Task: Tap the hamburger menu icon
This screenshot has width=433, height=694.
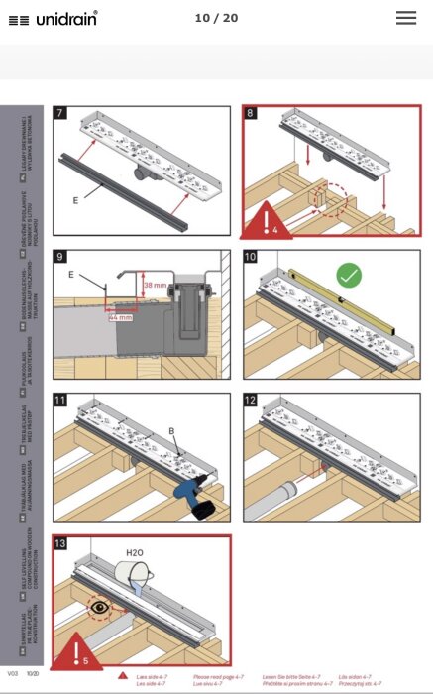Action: tap(405, 18)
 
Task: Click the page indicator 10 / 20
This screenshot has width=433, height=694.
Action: tap(216, 18)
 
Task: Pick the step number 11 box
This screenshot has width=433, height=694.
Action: tap(60, 401)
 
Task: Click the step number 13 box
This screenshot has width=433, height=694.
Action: tap(60, 543)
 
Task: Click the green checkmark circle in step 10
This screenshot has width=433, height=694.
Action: tap(348, 274)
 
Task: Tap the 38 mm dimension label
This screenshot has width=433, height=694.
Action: tap(154, 285)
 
